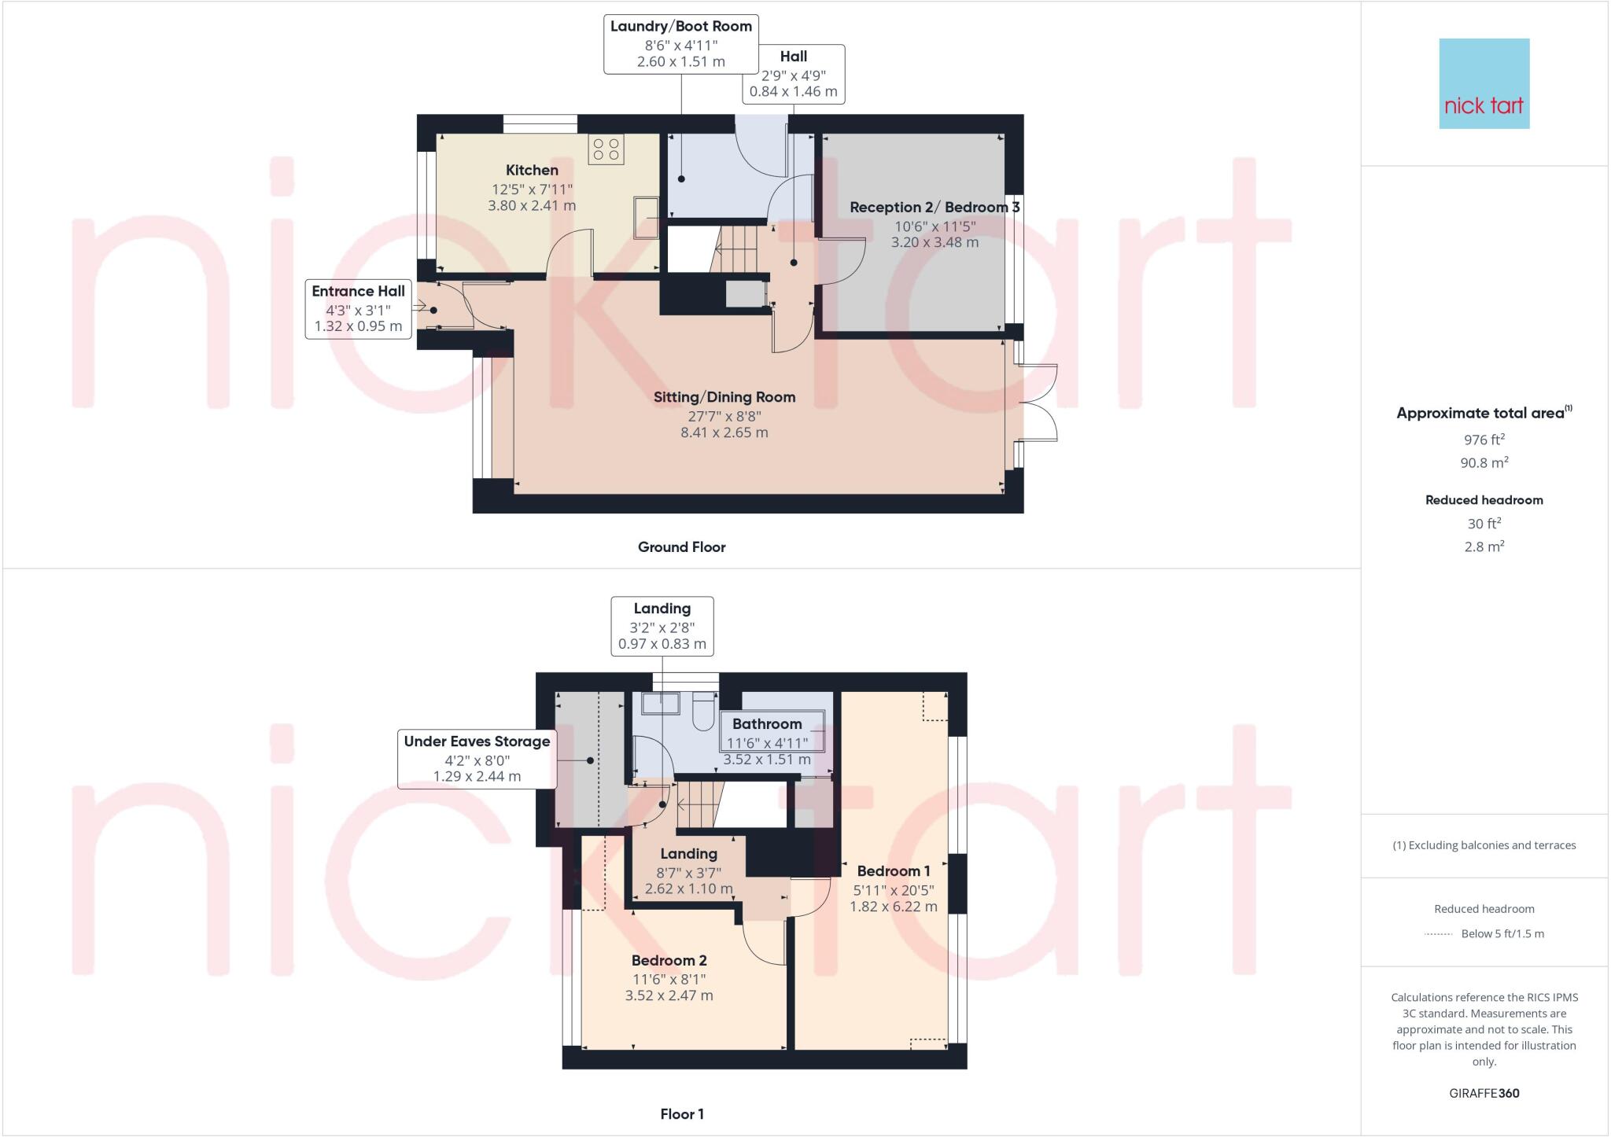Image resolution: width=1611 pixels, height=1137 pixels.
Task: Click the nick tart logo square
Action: point(1484,83)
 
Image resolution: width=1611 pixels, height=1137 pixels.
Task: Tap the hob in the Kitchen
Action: point(606,149)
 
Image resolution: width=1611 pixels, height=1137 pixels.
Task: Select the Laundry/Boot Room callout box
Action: point(680,44)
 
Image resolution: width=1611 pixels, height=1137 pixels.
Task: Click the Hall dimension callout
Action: point(793,74)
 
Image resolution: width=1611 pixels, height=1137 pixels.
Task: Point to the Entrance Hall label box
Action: point(358,308)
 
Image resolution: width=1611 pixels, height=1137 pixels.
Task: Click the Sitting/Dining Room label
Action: point(724,397)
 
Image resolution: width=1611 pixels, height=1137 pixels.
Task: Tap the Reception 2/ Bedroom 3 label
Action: point(934,208)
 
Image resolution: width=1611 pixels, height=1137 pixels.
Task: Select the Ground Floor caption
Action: point(681,547)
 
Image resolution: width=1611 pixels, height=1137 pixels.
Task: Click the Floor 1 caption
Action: point(681,1114)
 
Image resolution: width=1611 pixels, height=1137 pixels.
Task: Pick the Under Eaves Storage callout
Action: point(477,759)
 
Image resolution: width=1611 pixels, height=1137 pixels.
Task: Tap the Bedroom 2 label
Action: point(669,960)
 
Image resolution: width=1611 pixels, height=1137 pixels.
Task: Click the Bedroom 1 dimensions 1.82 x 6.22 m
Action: point(893,907)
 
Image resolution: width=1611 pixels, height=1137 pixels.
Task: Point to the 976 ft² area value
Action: point(1484,440)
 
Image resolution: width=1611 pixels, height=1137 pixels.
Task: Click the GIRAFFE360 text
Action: point(1484,1093)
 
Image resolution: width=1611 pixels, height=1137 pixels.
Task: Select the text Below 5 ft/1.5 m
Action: point(1502,934)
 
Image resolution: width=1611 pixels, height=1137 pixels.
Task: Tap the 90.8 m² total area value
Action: point(1484,463)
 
